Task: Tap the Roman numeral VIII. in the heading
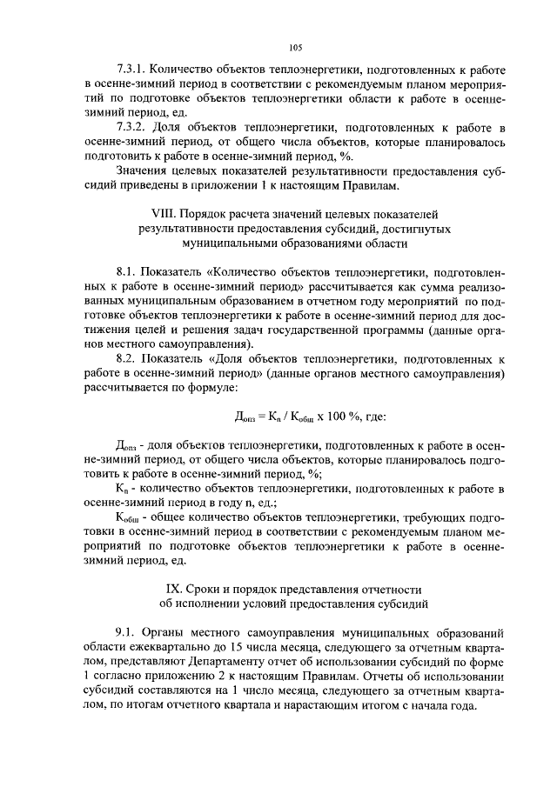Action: [164, 213]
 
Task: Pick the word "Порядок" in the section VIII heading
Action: [215, 213]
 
